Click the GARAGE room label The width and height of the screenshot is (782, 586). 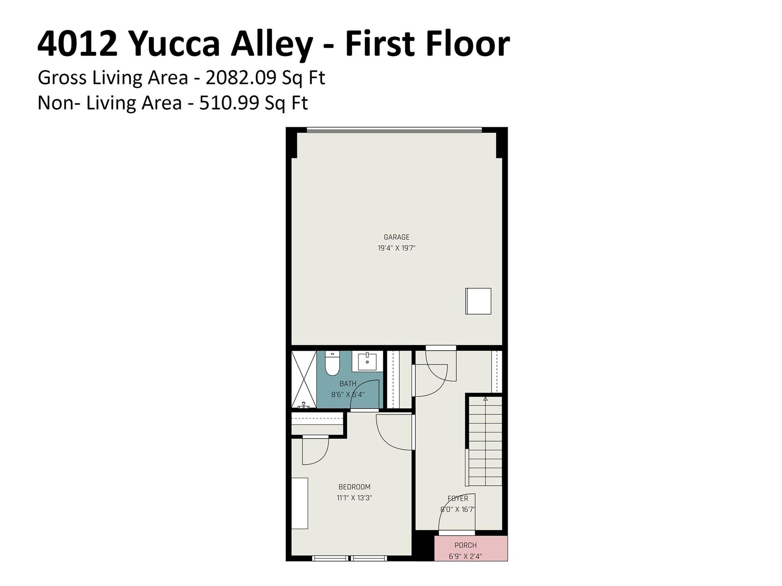pos(396,237)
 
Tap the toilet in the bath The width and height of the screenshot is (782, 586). pos(332,364)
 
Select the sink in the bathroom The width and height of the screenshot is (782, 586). pos(367,361)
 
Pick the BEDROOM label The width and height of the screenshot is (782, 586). pos(354,487)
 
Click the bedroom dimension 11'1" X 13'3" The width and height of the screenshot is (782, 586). pos(354,498)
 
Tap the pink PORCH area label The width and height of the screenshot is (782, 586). pos(465,545)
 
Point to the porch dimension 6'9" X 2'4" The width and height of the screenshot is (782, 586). pos(465,556)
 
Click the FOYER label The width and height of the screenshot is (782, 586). pos(458,499)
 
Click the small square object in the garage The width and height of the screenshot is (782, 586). pos(478,301)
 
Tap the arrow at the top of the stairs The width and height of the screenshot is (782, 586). pos(485,399)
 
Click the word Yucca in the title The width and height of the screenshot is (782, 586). pos(175,45)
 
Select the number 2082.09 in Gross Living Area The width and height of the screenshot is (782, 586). pos(241,78)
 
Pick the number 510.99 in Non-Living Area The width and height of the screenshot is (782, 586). pos(229,103)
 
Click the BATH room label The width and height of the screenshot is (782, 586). pos(348,384)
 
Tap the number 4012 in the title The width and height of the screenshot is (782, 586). pos(77,44)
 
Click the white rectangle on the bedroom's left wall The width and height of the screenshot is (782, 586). pos(300,503)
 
